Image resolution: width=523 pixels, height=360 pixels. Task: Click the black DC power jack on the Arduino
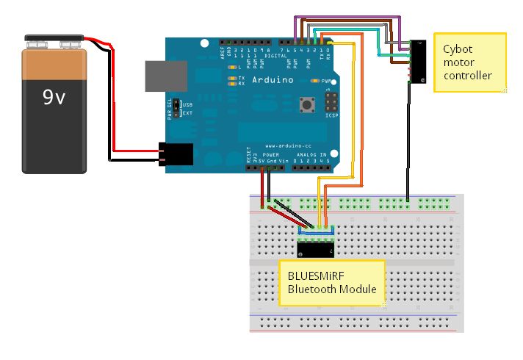click(x=176, y=154)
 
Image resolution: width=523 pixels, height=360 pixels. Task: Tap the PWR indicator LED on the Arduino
click(x=317, y=81)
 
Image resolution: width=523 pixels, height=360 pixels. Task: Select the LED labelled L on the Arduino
click(x=233, y=68)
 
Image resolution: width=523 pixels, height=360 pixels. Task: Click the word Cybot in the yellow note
click(x=458, y=49)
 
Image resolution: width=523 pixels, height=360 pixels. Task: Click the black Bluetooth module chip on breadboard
click(x=317, y=248)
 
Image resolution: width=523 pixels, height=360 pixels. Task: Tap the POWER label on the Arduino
click(x=272, y=154)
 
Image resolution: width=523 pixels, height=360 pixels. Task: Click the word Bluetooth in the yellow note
click(x=311, y=289)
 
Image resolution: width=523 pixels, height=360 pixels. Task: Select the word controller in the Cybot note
click(x=467, y=76)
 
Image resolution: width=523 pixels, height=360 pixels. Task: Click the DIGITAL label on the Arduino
click(x=276, y=55)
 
